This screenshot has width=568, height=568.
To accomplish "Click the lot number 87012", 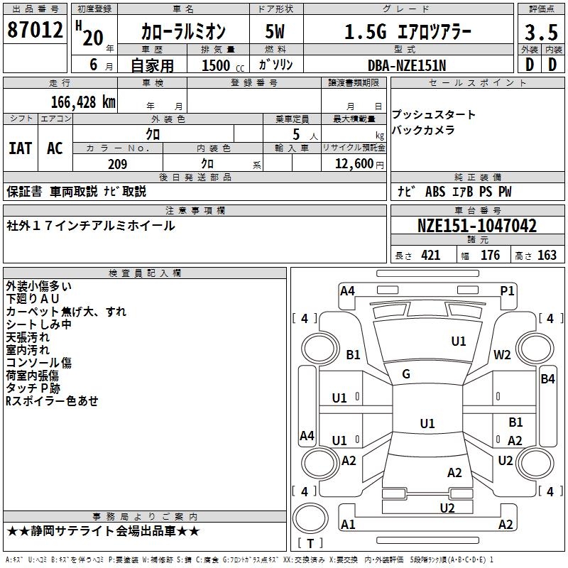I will [x=35, y=31].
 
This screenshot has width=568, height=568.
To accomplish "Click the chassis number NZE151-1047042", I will [x=476, y=226].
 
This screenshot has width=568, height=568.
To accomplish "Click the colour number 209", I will [x=117, y=164].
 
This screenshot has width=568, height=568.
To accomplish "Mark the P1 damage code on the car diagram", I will [x=507, y=290].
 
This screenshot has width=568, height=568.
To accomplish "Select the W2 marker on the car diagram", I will [x=503, y=355].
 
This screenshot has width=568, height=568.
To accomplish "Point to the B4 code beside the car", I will [x=547, y=379].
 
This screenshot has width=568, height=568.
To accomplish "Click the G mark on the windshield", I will [x=406, y=373].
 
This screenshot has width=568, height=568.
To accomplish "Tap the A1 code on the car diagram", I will [x=348, y=525].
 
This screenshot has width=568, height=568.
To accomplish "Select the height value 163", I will [x=547, y=256].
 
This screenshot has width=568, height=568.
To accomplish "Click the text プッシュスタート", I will [x=434, y=115].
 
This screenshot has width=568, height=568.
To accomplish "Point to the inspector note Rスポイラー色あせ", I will [x=52, y=401].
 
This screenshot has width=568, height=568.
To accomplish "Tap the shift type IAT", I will [x=20, y=148].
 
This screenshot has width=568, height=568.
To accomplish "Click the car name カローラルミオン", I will [x=183, y=32].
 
